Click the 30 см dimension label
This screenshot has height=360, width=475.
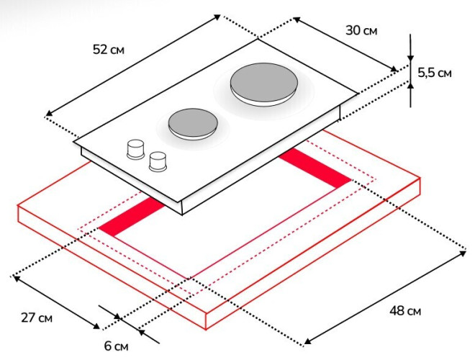tap(361, 30)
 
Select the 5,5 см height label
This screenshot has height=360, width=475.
tap(435, 73)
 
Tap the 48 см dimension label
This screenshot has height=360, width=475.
tap(404, 311)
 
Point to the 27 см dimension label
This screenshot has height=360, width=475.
tap(35, 317)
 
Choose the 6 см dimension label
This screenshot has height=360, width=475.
tap(116, 346)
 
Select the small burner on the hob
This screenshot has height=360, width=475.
tap(191, 123)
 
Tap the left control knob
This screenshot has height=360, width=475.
tap(135, 148)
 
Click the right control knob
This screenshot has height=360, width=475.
tap(158, 161)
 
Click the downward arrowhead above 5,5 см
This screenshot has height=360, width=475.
tap(410, 59)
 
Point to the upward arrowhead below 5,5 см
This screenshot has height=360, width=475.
tap(410, 86)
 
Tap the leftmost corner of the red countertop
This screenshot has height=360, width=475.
tap(17, 207)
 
